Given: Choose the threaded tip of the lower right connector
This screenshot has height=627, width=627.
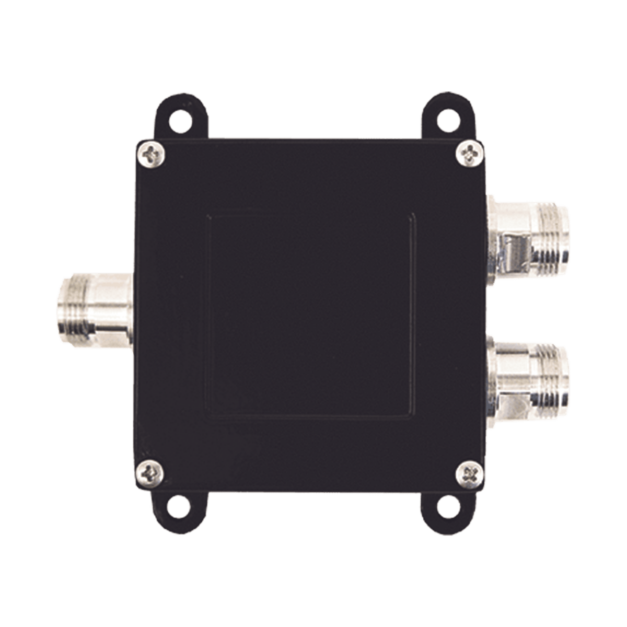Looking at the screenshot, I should coord(549,370).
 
